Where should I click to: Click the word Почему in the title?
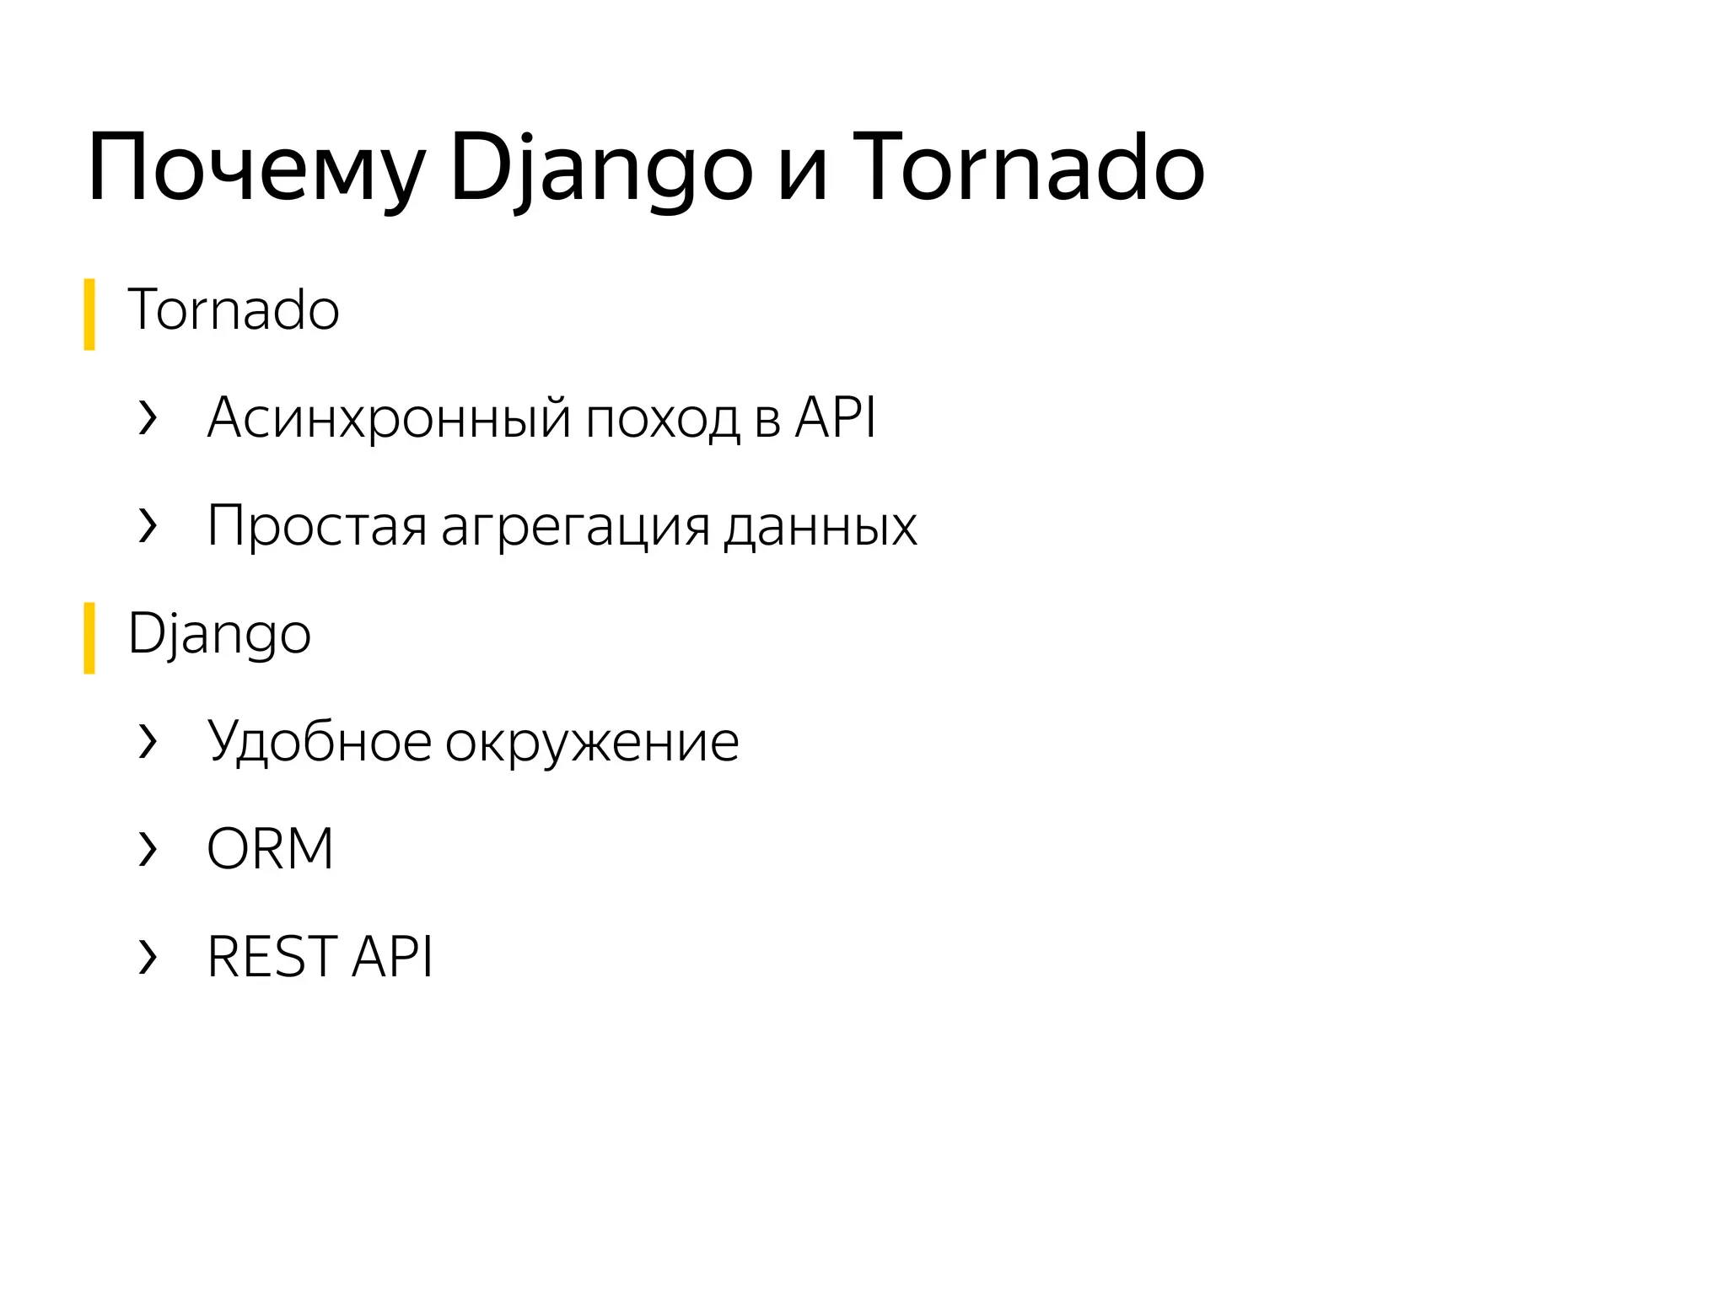click(x=256, y=169)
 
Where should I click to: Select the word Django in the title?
click(x=600, y=169)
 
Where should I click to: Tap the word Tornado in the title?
click(x=1028, y=169)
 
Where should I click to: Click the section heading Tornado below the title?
click(x=234, y=310)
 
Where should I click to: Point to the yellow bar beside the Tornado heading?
click(x=89, y=314)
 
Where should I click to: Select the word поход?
click(x=662, y=417)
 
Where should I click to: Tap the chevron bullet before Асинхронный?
click(x=148, y=417)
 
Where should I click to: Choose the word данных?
click(x=820, y=526)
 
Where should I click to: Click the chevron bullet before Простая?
click(x=148, y=525)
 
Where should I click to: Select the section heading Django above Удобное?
click(x=219, y=634)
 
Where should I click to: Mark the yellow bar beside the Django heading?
click(x=89, y=638)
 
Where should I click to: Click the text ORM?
click(x=270, y=849)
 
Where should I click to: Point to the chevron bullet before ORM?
click(x=148, y=849)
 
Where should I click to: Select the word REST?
click(x=272, y=957)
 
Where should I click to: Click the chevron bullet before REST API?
click(x=148, y=957)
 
